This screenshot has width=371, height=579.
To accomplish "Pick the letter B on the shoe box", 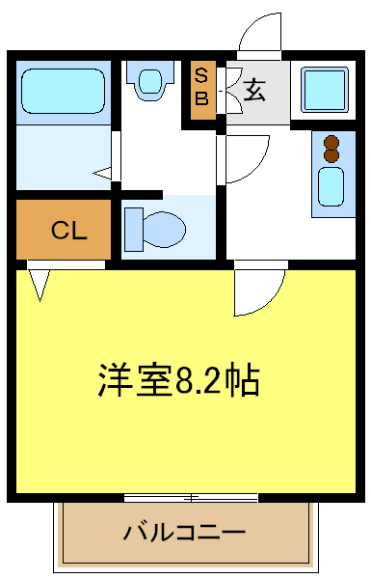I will tap(202, 97).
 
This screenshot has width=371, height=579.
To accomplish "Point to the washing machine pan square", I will tap(327, 89).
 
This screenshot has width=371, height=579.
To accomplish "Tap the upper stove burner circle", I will tap(332, 140).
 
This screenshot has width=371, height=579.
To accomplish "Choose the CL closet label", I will tap(68, 231).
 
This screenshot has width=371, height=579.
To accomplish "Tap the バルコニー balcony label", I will tap(184, 533).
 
